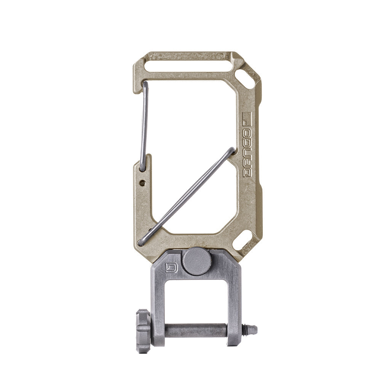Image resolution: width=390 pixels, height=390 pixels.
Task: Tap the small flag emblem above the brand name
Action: coord(247,119)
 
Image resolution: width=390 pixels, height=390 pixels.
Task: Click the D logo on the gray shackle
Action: coord(171,269)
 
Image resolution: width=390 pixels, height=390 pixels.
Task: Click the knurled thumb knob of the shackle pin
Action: coord(143,331)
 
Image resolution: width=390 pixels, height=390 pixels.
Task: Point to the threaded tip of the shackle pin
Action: coord(250,330)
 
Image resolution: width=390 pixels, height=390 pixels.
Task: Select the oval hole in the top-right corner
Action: coord(246,79)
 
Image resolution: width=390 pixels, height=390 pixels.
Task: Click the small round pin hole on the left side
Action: coord(142,183)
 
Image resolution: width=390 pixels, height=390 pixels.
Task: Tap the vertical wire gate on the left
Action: coord(144,126)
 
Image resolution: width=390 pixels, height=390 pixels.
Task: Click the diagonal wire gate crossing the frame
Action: coord(187,196)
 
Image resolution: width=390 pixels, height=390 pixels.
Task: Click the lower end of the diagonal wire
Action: coord(141,242)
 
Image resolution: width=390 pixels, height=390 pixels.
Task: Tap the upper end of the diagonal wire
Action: coord(232,150)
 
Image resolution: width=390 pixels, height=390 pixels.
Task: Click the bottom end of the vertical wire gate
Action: coord(142,168)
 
